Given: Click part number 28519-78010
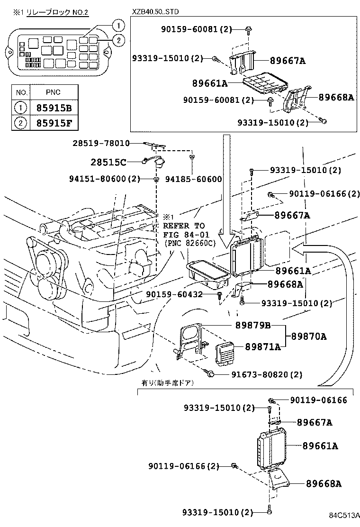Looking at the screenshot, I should click(101, 143).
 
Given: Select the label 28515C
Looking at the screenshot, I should click(109, 163).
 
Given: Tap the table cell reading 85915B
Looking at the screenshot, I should click(54, 108).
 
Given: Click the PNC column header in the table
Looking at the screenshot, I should click(53, 92).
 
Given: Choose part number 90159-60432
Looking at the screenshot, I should click(174, 294).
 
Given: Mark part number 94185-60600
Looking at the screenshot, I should click(193, 179).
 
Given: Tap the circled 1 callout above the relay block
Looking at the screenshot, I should click(119, 25).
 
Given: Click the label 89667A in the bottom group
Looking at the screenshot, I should click(314, 422).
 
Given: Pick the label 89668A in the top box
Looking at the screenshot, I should click(336, 97).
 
